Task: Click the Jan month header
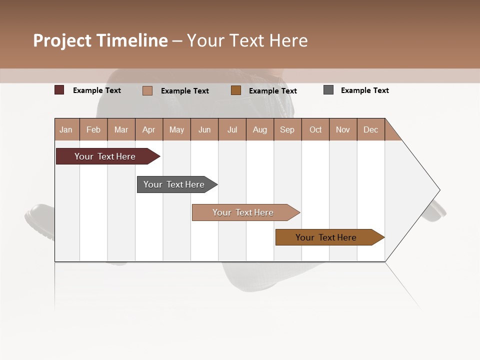(66, 130)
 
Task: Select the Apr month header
(149, 130)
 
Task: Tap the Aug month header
(260, 130)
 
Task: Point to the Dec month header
(371, 130)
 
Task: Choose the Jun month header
(204, 130)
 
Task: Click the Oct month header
(315, 130)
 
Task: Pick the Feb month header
(93, 130)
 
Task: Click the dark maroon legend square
(59, 90)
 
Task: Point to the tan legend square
(147, 90)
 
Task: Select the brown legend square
(236, 90)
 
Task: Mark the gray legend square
(328, 90)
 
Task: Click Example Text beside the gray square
(365, 90)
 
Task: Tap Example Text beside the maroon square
(97, 90)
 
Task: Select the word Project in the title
(62, 40)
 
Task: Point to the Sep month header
(287, 130)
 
